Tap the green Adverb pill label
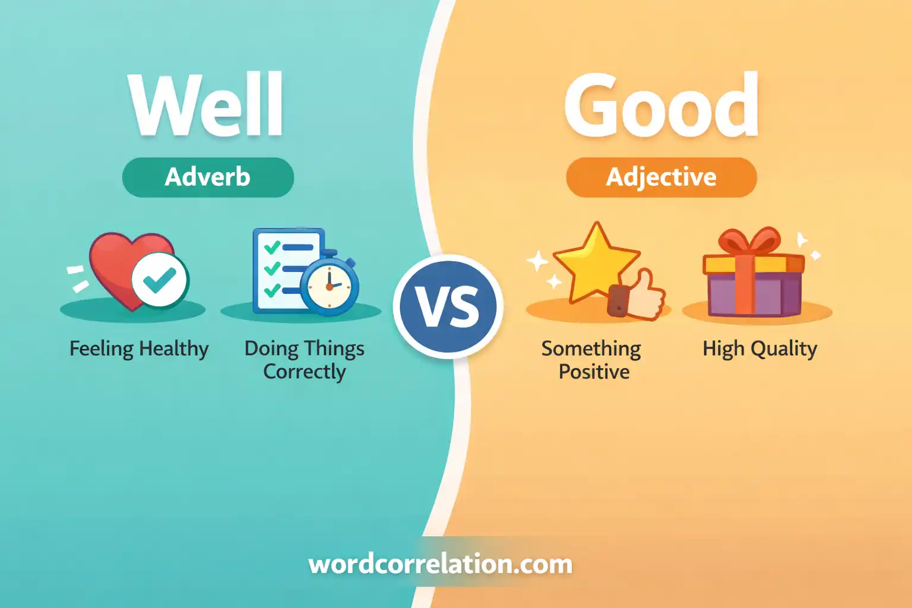point(208,177)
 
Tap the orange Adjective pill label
point(661,177)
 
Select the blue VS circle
point(448,306)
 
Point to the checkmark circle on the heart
point(160,280)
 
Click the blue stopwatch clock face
point(330,287)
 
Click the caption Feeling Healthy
point(139,349)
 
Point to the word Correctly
point(305,372)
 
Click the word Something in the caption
point(591,349)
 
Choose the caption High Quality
point(760,349)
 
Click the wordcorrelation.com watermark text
point(440,565)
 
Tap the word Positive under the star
point(594,372)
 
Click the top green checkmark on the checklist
point(273,247)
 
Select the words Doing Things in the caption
point(305,349)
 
